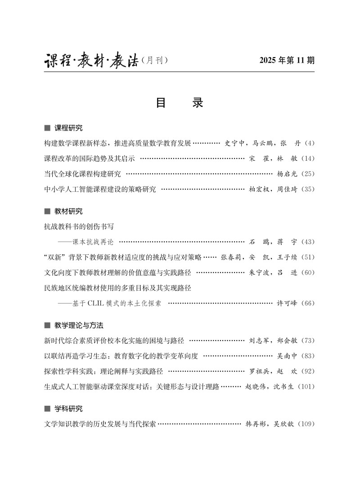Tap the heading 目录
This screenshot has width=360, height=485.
(180, 103)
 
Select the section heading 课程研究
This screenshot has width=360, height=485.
(68, 128)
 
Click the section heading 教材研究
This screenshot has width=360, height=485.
(68, 211)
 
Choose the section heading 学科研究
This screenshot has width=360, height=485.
(68, 409)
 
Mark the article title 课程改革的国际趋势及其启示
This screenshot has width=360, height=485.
(89, 159)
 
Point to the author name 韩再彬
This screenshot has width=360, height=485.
(256, 424)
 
